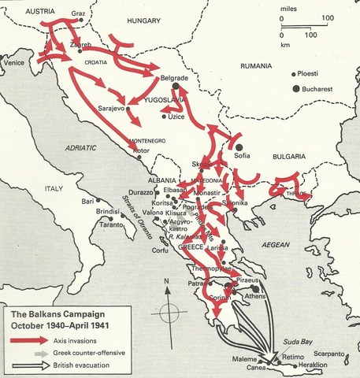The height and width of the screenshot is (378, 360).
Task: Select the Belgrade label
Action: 173,79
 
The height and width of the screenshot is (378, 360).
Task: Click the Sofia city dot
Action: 238,145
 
